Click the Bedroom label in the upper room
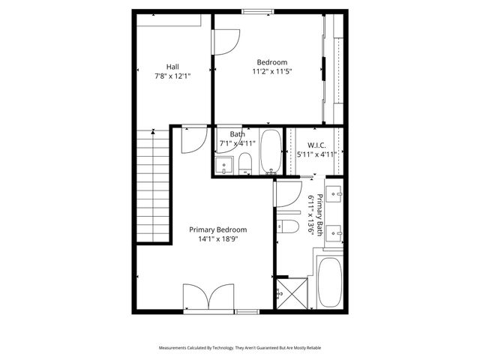(271, 62)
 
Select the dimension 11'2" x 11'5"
(271, 72)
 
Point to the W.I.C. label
(315, 145)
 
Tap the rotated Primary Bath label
(319, 216)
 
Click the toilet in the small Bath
(244, 163)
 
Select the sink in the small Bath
(223, 165)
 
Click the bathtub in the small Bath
(270, 152)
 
